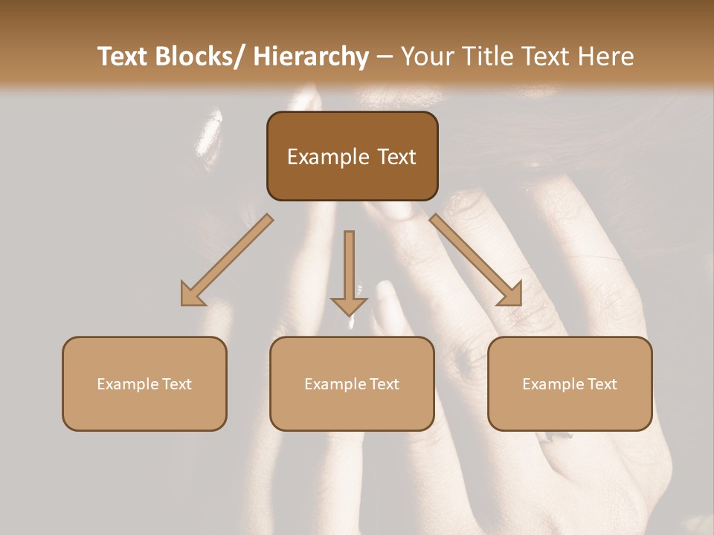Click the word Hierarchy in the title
pos(311,56)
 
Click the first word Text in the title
pos(123,56)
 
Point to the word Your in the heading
pos(426,56)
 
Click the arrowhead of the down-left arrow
pos(193,294)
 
